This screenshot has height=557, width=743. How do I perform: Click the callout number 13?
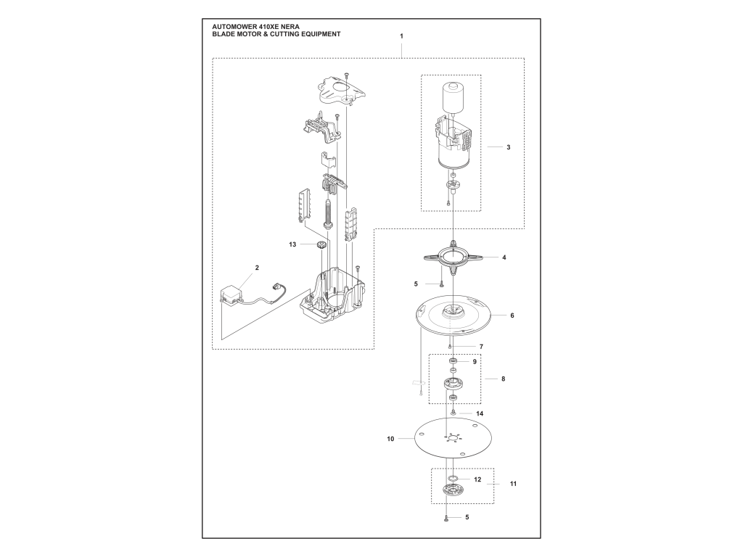292,244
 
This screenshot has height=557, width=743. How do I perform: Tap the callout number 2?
258,268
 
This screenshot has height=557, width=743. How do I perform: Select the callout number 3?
509,147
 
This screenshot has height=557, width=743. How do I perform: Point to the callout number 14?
480,413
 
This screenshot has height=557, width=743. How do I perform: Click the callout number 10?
390,439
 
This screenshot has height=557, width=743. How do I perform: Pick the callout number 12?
477,480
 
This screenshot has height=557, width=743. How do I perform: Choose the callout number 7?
482,347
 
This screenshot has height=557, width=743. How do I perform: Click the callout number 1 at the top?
401,36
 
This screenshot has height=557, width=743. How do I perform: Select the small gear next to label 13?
321,245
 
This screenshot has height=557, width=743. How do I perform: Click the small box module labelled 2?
231,295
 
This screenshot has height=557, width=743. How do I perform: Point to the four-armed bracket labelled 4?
453,257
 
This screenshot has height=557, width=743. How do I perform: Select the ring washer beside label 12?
453,479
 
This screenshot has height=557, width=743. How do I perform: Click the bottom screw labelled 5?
446,518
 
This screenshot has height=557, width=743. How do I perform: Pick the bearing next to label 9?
453,362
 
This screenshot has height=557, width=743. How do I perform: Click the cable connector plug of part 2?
274,287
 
